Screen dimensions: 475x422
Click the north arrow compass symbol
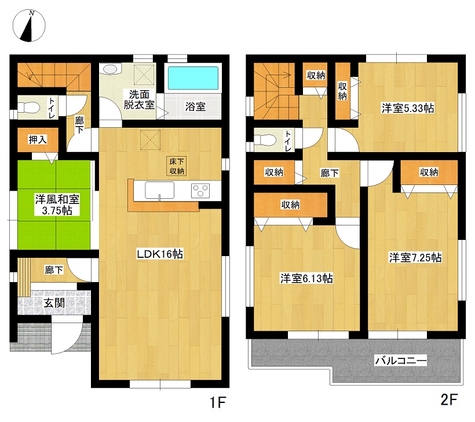(x=29, y=25)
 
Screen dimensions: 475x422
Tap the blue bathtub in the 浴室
(x=193, y=78)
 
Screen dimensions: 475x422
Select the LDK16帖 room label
(x=160, y=254)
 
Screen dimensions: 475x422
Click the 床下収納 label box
(x=177, y=166)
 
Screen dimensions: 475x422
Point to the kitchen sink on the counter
(x=160, y=190)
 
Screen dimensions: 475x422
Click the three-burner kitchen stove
(x=200, y=190)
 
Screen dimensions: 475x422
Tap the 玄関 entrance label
(x=54, y=302)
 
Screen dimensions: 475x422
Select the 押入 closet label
(x=38, y=140)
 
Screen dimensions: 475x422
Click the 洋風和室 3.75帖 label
(x=57, y=205)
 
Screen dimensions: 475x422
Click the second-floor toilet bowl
(x=265, y=140)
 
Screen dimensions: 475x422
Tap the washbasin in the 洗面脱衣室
(x=109, y=69)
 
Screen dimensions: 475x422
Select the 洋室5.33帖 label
(x=408, y=108)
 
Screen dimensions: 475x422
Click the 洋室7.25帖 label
(x=415, y=257)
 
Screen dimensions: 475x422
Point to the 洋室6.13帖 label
(x=306, y=278)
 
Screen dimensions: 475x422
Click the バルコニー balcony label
(x=401, y=360)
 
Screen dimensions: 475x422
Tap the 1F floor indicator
(x=218, y=402)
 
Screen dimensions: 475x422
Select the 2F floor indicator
(x=449, y=399)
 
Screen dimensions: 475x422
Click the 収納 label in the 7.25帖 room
(x=429, y=172)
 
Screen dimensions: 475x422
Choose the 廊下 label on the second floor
(x=330, y=173)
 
